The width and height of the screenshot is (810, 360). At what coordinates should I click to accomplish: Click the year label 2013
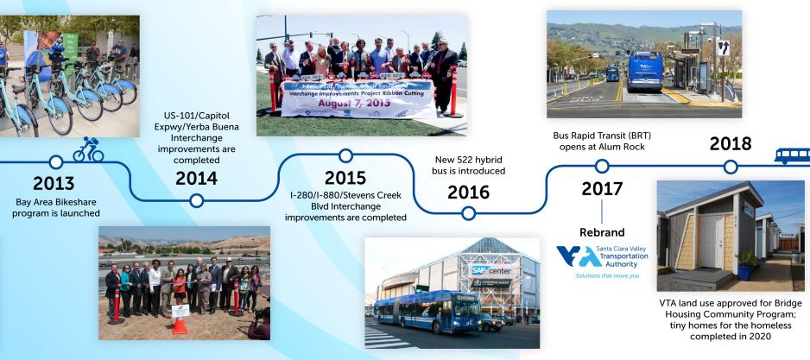[54, 183]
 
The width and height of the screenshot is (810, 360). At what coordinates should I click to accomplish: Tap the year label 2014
[197, 179]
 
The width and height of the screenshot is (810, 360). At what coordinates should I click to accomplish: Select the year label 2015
[345, 177]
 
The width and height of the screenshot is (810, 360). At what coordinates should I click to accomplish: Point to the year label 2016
[468, 192]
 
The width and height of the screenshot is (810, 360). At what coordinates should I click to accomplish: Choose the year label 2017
[602, 187]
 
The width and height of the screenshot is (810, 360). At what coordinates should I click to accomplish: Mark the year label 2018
[730, 143]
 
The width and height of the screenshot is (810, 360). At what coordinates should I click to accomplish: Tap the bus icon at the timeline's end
[791, 156]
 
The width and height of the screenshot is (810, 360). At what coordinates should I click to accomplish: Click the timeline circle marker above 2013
[56, 161]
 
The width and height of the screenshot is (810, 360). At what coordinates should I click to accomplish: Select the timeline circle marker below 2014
[197, 200]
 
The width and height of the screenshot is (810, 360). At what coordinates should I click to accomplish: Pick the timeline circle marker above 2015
[345, 155]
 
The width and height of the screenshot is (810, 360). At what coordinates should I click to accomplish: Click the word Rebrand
[602, 232]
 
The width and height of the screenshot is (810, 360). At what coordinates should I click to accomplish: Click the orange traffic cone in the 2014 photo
[179, 325]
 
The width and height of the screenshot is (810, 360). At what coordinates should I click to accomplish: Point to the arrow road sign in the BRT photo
[723, 48]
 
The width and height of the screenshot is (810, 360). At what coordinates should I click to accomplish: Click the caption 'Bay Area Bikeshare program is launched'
[54, 208]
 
